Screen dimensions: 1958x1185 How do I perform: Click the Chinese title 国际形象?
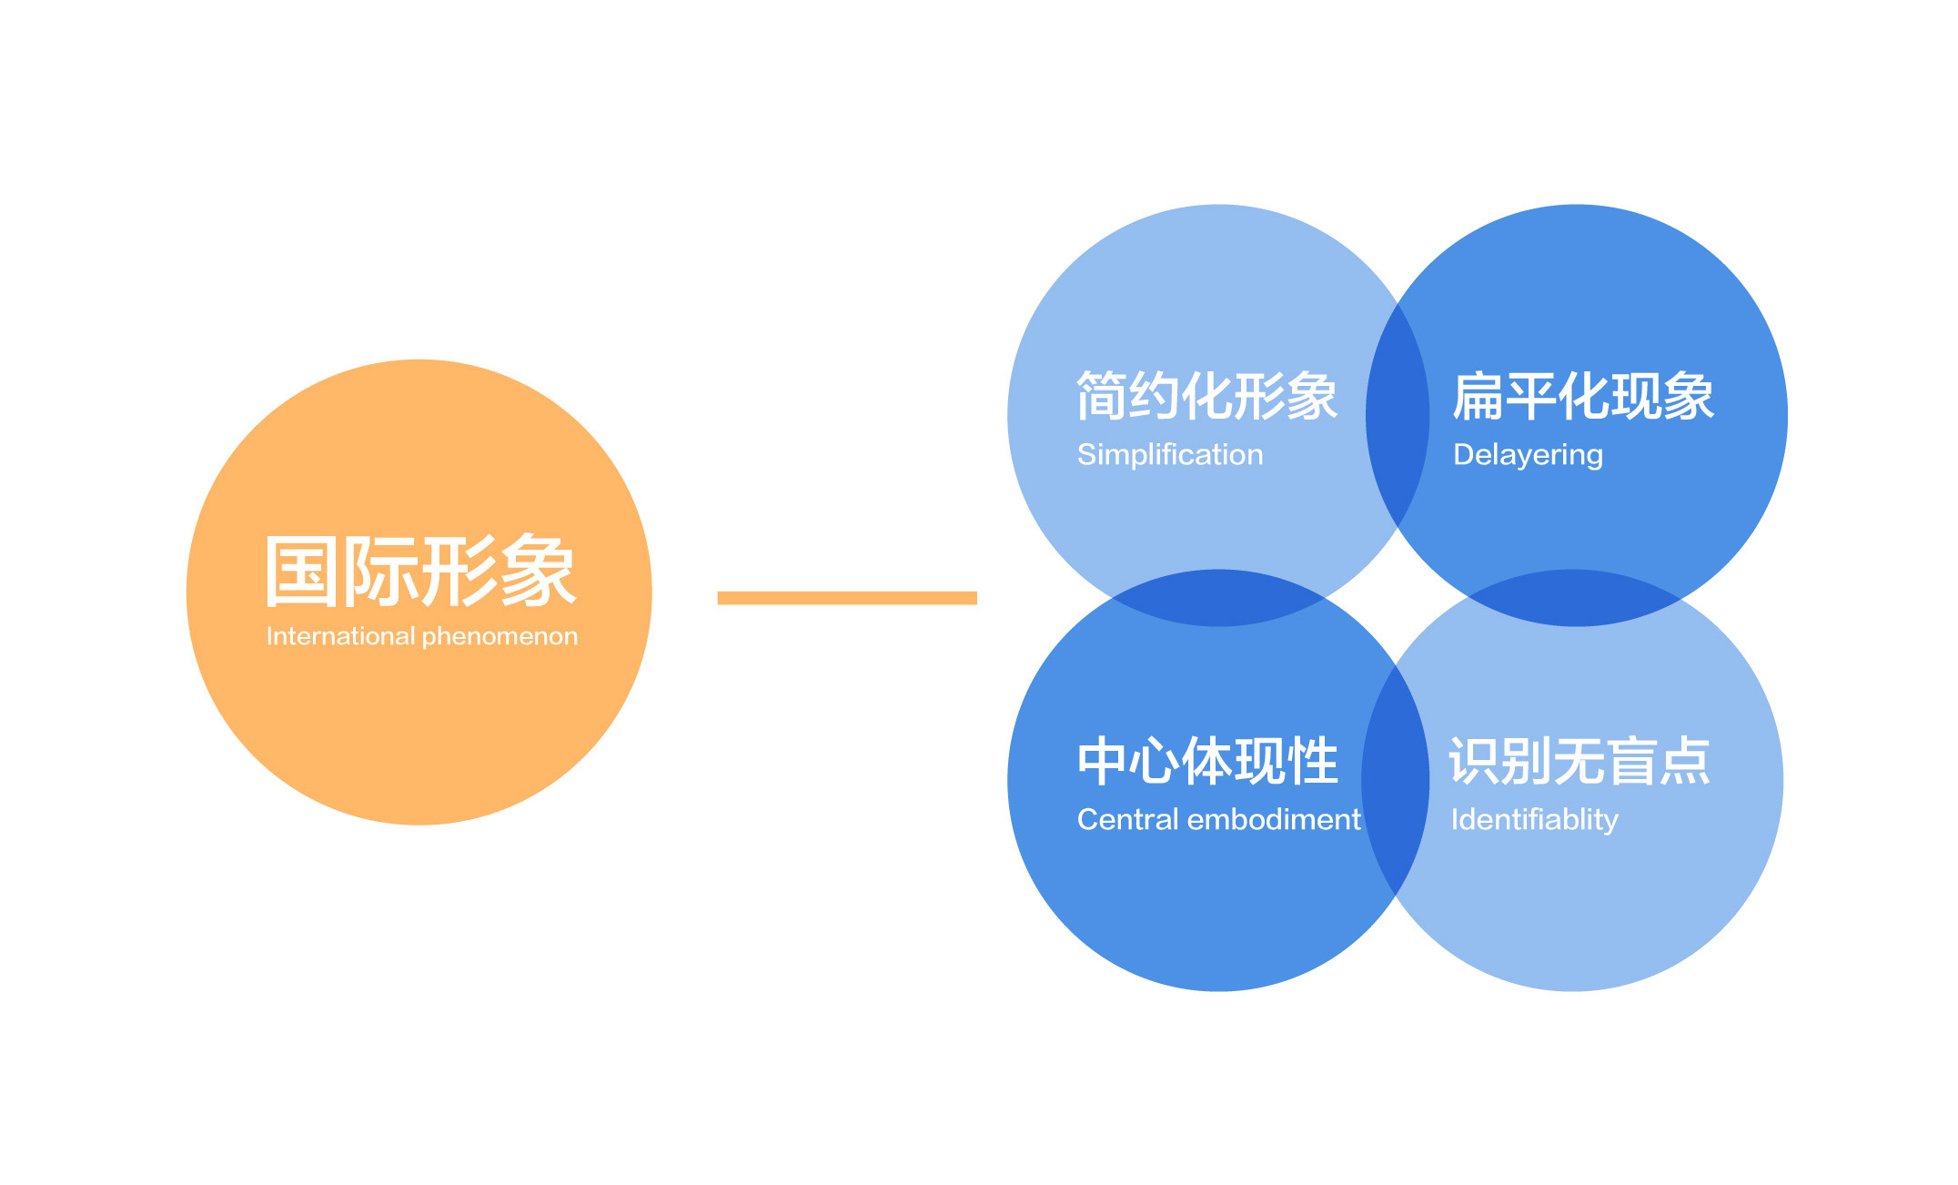pos(421,571)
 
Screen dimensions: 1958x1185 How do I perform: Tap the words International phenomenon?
pos(422,636)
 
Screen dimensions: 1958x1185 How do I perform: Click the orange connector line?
pos(847,598)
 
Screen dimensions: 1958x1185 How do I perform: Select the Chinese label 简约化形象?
pos(1207,396)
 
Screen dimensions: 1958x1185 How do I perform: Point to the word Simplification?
pos(1170,454)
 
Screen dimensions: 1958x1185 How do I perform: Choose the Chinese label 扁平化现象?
pos(1584,396)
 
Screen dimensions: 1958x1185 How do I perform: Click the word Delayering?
pos(1529,455)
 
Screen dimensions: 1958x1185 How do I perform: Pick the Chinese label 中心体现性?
pos(1207,761)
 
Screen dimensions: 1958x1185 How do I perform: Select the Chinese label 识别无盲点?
pos(1580,761)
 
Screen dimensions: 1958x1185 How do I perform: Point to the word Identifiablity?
pos(1535,820)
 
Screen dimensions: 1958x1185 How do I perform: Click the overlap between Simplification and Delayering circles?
pos(1398,415)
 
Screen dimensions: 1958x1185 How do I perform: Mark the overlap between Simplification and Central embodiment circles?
pos(1218,598)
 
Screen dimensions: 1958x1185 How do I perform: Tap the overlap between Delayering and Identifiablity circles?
pos(1575,598)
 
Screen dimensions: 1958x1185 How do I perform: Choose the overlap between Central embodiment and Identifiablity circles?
pos(1396,780)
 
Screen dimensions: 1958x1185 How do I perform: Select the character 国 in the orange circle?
pos(302,572)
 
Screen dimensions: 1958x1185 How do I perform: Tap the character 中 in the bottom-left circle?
pos(1102,761)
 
